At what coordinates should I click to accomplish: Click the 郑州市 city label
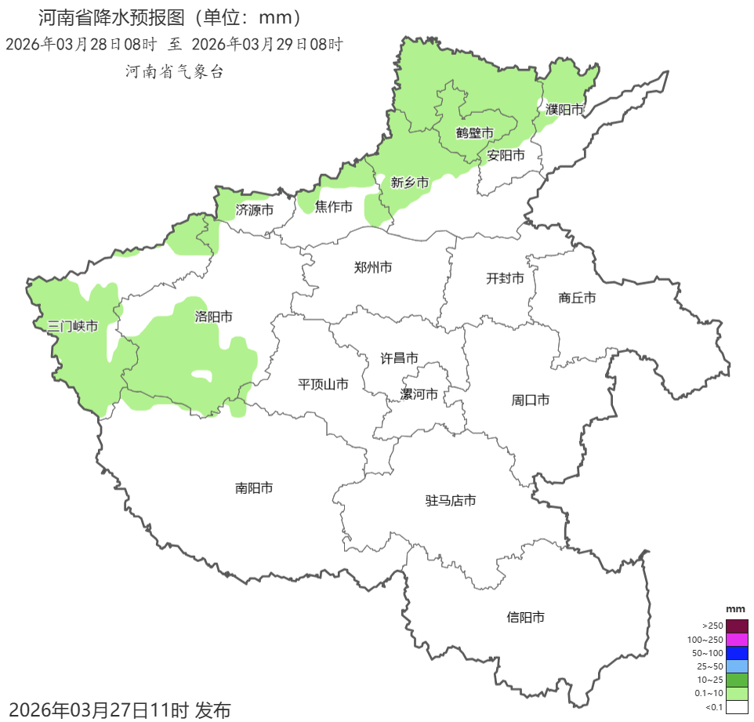click(373, 268)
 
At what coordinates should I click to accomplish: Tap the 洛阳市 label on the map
click(213, 317)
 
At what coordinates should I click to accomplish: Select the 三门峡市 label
click(73, 326)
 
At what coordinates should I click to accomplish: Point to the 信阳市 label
click(525, 618)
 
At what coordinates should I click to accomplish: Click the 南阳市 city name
click(255, 488)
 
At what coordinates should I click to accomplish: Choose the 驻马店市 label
click(451, 501)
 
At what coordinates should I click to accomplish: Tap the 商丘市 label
click(578, 298)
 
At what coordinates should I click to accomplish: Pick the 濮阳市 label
click(565, 110)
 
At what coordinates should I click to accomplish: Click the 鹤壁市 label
click(475, 132)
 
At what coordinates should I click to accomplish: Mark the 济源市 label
click(255, 210)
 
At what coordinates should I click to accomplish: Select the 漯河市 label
click(419, 394)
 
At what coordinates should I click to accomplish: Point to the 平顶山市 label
click(323, 384)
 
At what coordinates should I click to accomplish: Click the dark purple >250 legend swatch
click(737, 626)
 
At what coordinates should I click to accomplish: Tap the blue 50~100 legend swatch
click(737, 653)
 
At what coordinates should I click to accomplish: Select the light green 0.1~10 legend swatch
click(737, 693)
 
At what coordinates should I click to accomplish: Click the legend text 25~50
click(710, 666)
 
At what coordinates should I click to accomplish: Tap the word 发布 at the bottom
click(212, 710)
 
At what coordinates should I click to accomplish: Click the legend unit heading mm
click(735, 609)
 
